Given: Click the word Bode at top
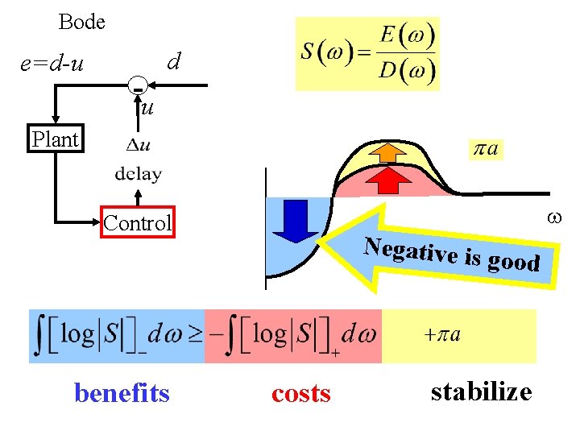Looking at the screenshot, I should [x=81, y=22].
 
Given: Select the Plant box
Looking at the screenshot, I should [x=55, y=139].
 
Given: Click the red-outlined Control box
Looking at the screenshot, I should [x=137, y=223].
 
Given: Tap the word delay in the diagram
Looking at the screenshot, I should [x=138, y=173].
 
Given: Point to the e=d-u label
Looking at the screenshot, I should [x=52, y=62].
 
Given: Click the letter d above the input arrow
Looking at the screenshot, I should [x=172, y=61].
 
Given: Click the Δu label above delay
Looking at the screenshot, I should [x=139, y=146].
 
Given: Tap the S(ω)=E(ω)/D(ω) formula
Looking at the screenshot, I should [x=367, y=53].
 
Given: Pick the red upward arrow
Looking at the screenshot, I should [x=389, y=179].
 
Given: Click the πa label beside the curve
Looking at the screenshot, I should [x=485, y=149].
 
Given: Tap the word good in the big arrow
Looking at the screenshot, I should [x=513, y=261].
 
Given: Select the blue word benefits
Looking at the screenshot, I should [x=122, y=393].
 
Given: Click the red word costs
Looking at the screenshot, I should [x=300, y=393].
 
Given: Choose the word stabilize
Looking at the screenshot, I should [x=481, y=391].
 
